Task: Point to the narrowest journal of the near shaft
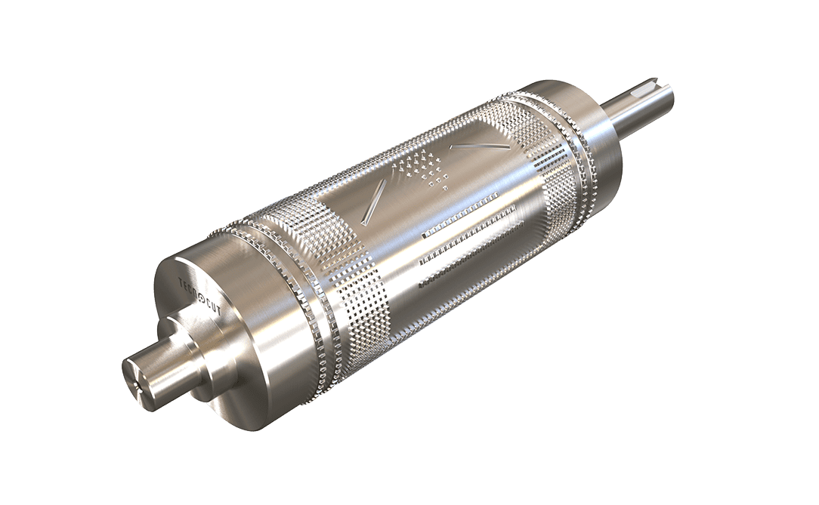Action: click(x=151, y=374)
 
